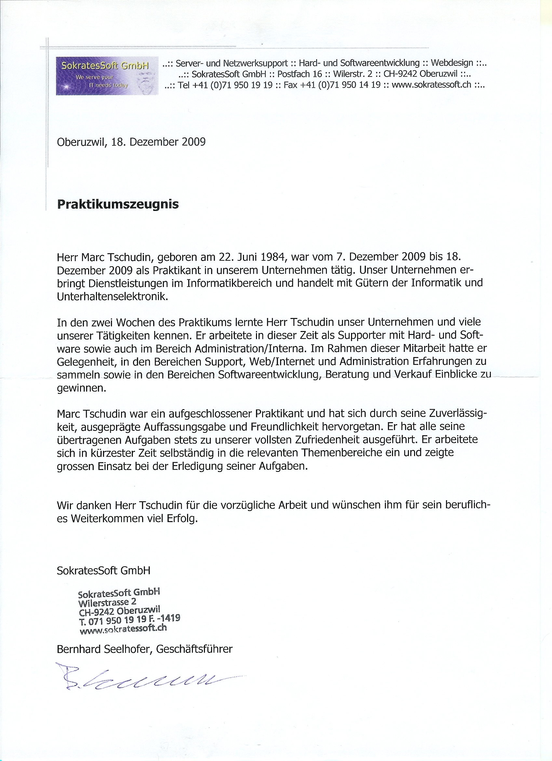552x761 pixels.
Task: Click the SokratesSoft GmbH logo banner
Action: [107, 76]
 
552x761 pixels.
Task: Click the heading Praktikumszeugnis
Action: [118, 204]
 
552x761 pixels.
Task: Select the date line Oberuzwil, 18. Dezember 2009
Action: [131, 142]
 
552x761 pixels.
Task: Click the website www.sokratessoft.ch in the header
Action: [431, 85]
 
